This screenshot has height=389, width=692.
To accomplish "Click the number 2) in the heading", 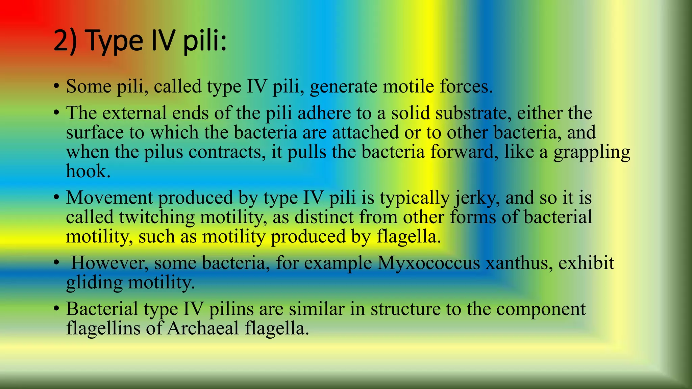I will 66,41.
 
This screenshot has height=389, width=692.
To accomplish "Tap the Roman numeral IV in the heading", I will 163,41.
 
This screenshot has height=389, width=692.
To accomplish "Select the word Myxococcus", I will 428,263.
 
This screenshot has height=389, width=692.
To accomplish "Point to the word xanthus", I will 519,263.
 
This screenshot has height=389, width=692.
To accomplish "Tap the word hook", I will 88,171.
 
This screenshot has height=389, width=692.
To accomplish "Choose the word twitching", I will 157,217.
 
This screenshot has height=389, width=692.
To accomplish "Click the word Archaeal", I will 203,328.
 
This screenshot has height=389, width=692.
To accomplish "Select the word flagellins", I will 103,328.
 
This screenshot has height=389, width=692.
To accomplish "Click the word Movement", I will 109,198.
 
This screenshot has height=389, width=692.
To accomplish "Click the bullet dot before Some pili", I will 56,86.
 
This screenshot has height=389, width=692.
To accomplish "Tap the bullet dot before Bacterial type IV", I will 56,309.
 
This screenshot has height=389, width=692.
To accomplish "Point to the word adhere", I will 324,113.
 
